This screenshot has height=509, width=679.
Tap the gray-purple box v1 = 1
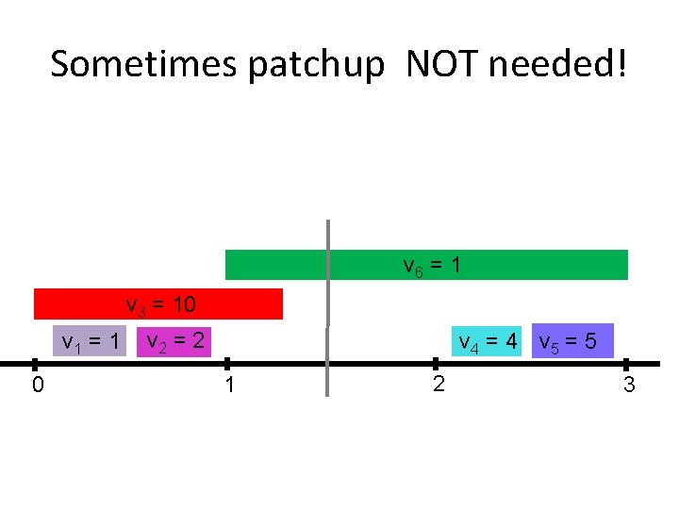coord(89,340)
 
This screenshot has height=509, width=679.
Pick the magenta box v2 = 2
coord(173,340)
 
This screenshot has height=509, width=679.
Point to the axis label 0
coord(36,385)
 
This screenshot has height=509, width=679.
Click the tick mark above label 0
coord(34,364)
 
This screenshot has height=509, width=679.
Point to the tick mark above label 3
coord(626,364)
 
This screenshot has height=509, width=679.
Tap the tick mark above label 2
coord(437,364)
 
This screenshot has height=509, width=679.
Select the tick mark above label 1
coord(226,364)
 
